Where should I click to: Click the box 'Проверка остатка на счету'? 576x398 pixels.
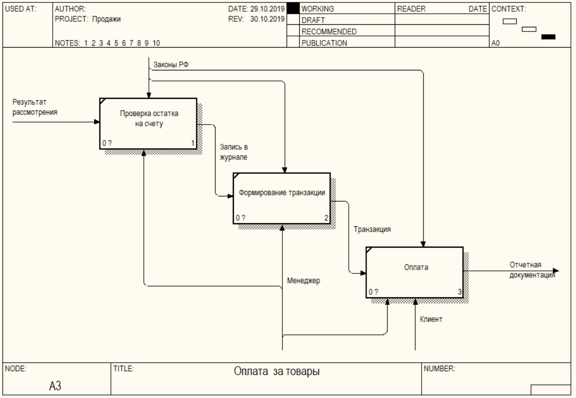click(148, 124)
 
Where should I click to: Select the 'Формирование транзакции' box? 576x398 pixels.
click(282, 198)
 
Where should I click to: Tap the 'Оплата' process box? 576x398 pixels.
click(415, 272)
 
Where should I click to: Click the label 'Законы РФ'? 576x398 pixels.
click(171, 65)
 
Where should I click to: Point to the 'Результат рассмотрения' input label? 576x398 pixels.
click(35, 107)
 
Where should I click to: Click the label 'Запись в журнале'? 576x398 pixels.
click(234, 152)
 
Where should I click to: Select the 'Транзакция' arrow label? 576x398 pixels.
click(372, 229)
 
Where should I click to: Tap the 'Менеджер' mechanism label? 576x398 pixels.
click(303, 281)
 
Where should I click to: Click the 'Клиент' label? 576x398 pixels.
click(431, 319)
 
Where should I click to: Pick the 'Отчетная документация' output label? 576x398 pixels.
click(532, 270)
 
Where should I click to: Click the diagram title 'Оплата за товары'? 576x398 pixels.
click(277, 371)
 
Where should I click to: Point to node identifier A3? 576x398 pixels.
click(55, 386)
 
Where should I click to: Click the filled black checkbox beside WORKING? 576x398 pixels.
click(293, 9)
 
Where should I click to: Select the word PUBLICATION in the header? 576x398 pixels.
click(324, 43)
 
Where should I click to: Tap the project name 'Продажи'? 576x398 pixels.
click(106, 19)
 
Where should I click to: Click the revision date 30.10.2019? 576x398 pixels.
click(267, 19)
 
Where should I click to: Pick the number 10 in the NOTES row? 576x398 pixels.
click(156, 43)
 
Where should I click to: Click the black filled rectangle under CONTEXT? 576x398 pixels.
click(548, 37)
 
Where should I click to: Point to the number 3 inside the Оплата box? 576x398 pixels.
click(459, 292)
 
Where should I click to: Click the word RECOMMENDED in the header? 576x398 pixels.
click(329, 31)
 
